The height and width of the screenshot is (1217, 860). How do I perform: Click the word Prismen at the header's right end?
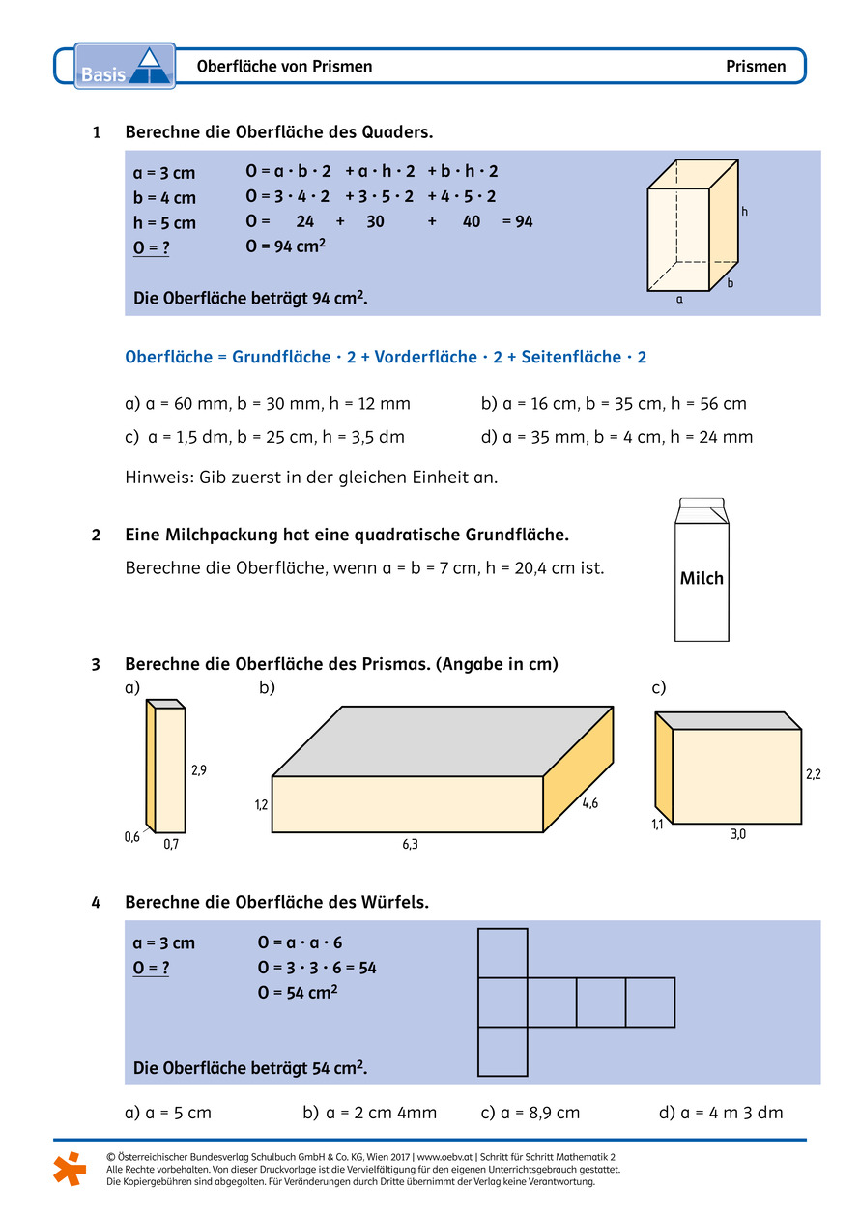[756, 67]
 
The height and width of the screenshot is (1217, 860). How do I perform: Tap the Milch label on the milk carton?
[702, 578]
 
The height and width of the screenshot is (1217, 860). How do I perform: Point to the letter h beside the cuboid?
[745, 212]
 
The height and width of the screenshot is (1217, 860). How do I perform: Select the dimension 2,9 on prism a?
[199, 770]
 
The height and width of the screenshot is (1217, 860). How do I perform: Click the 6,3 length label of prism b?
[410, 844]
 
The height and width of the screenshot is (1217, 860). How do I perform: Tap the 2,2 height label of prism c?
[814, 774]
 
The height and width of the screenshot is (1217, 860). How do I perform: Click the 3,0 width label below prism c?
[737, 834]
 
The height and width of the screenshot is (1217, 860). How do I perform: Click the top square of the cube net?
[502, 953]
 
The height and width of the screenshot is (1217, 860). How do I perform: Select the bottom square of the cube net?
[502, 1052]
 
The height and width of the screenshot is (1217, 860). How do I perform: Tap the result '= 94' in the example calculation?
[518, 221]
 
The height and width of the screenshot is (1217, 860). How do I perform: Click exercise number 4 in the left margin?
[96, 902]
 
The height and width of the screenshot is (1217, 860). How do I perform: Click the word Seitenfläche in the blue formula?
[570, 357]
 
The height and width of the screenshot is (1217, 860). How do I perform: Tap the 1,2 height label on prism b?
[262, 804]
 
